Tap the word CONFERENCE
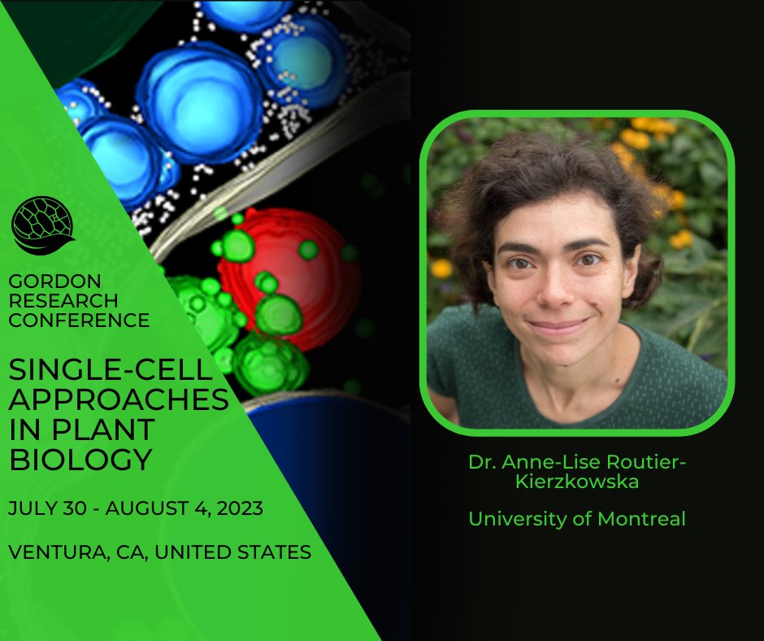(x=79, y=320)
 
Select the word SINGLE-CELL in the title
(x=110, y=371)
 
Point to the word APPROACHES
(x=118, y=400)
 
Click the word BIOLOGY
(x=80, y=460)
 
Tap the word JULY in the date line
(x=30, y=508)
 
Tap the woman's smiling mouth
(x=558, y=325)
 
